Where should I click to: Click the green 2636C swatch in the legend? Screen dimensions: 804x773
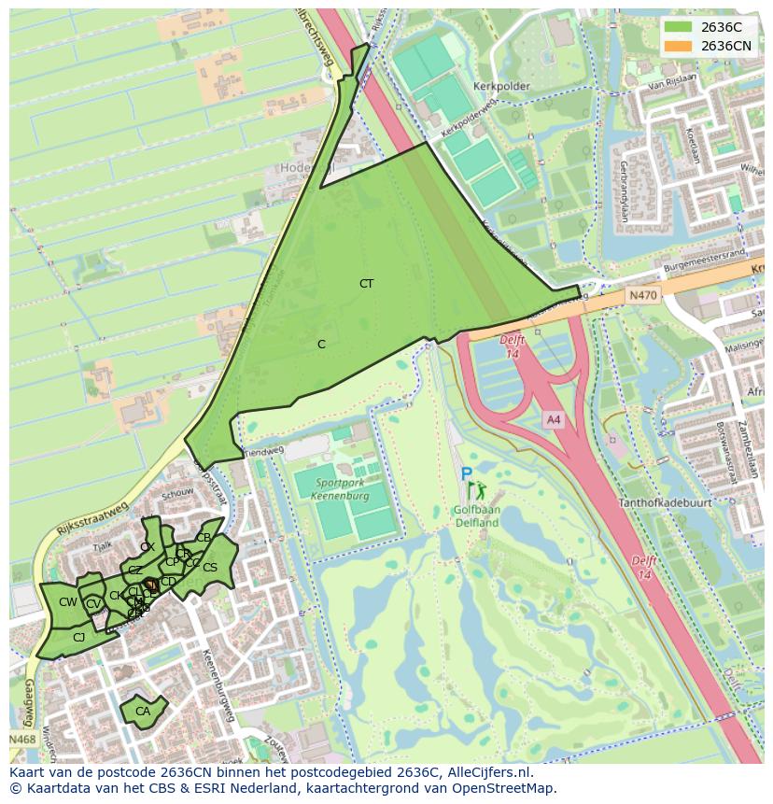(679, 27)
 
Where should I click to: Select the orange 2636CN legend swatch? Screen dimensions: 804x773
(679, 46)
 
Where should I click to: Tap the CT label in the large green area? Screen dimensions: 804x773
(366, 283)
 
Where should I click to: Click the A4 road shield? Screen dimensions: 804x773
(554, 420)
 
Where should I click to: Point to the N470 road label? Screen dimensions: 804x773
(642, 295)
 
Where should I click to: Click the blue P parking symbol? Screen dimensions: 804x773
(466, 475)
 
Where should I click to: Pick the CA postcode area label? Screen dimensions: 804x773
(142, 712)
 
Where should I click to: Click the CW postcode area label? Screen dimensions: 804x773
(67, 602)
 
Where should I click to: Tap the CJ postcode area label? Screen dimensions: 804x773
(78, 638)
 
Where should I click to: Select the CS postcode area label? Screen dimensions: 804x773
(210, 568)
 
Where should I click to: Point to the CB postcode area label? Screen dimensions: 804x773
(203, 538)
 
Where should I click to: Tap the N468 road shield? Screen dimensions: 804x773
(23, 740)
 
